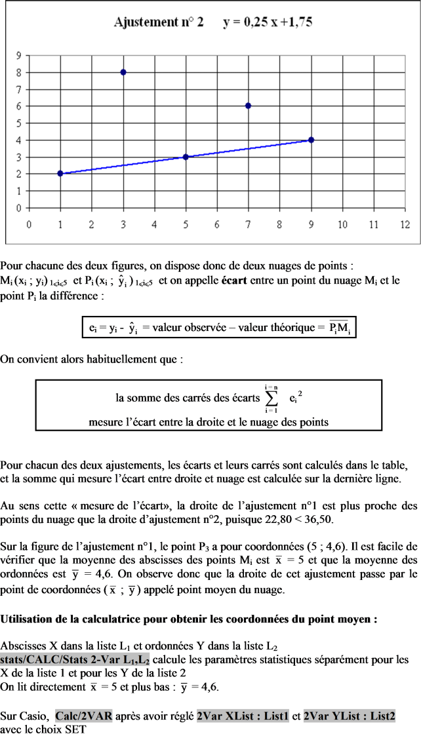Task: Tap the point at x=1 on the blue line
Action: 60,174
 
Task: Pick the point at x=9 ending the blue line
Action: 311,140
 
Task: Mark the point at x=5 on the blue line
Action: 186,157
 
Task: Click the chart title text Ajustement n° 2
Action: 158,22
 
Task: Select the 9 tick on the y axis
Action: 20,56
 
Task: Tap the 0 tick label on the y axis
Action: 20,208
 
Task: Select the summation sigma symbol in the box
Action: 270,398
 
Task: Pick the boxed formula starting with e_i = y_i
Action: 220,327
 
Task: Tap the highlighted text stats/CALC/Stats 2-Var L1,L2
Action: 75,659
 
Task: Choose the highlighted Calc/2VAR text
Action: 85,717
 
